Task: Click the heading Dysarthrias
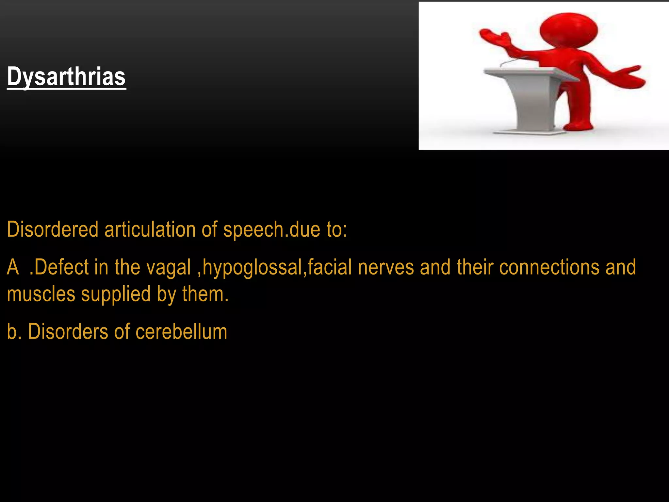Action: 66,76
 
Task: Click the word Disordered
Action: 53,229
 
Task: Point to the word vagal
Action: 168,268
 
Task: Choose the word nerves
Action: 385,268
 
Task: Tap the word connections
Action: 549,268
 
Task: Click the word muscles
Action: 41,294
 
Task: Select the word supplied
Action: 116,294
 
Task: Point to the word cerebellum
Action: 181,332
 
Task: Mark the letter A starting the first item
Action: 13,268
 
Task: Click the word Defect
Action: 59,268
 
